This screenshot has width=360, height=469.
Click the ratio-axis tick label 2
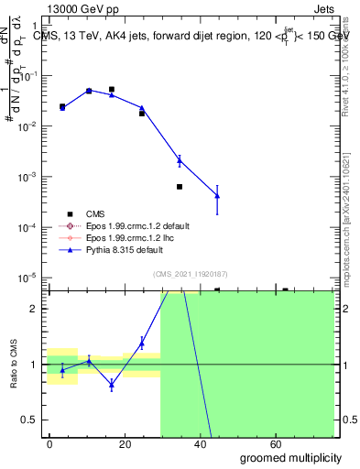pyautogui.click(x=34, y=309)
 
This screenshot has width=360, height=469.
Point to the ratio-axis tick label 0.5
pyautogui.click(x=31, y=420)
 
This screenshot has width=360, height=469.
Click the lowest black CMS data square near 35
pyautogui.click(x=180, y=187)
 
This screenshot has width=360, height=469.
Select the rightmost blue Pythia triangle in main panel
pyautogui.click(x=217, y=195)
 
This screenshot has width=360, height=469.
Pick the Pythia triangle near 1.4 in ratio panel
pyautogui.click(x=142, y=343)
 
